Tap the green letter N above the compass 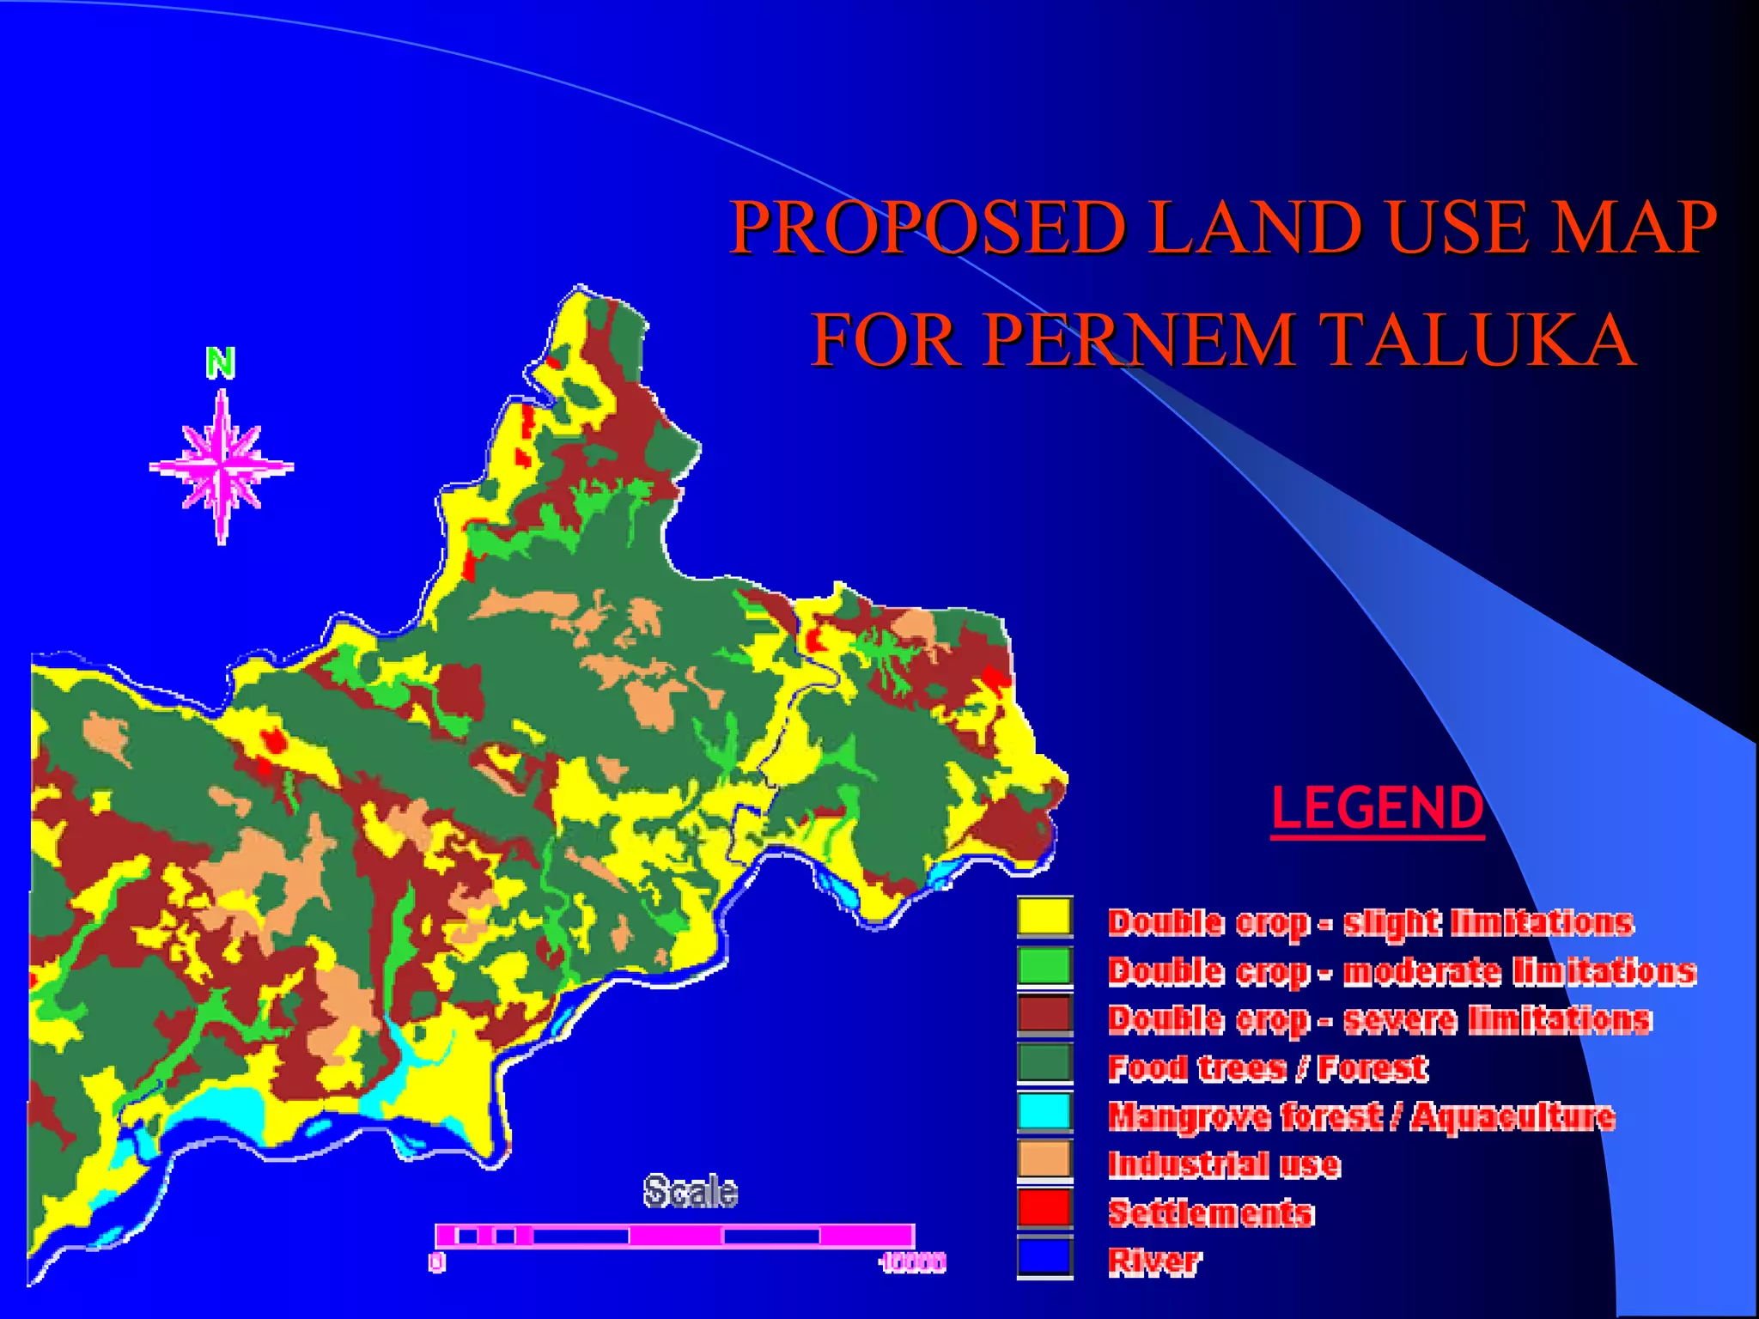point(221,363)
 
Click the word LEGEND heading point(1378,808)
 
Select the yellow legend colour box point(1044,916)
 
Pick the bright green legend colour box point(1044,965)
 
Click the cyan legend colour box point(1044,1110)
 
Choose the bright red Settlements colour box point(1044,1207)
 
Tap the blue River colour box point(1044,1256)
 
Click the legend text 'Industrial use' point(1224,1165)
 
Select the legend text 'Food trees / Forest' point(1268,1068)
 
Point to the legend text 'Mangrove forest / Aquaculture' point(1361,1116)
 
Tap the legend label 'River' point(1154,1261)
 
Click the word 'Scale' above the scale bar point(691,1192)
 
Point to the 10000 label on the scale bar point(913,1262)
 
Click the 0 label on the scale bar point(437,1262)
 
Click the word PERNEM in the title point(1138,340)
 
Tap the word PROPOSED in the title point(928,228)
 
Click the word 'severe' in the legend point(1400,1019)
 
